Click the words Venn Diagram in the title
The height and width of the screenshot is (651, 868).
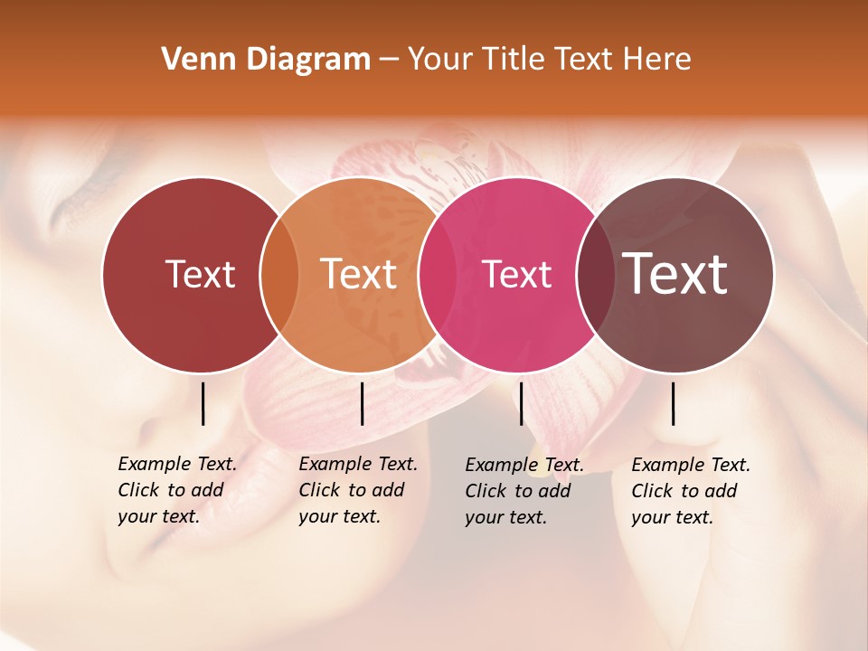[266, 60]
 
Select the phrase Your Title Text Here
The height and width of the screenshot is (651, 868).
[549, 60]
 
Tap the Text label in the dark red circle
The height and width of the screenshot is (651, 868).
[200, 274]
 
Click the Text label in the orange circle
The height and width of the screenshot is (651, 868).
[359, 274]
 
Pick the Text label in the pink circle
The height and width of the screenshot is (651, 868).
[517, 274]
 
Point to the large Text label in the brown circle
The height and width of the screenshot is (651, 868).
[675, 274]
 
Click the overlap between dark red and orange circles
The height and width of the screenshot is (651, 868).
[279, 275]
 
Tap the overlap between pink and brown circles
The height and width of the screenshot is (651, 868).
[595, 275]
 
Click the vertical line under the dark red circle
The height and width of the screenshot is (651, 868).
[203, 403]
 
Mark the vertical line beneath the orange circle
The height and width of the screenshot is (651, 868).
[362, 403]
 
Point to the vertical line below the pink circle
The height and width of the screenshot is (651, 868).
[521, 403]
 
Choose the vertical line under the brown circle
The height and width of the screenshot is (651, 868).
[673, 403]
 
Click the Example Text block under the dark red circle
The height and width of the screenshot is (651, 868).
[176, 490]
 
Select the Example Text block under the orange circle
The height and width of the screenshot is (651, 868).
[357, 490]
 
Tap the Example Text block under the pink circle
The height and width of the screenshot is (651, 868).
[524, 491]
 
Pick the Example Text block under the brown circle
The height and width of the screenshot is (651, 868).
[690, 491]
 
